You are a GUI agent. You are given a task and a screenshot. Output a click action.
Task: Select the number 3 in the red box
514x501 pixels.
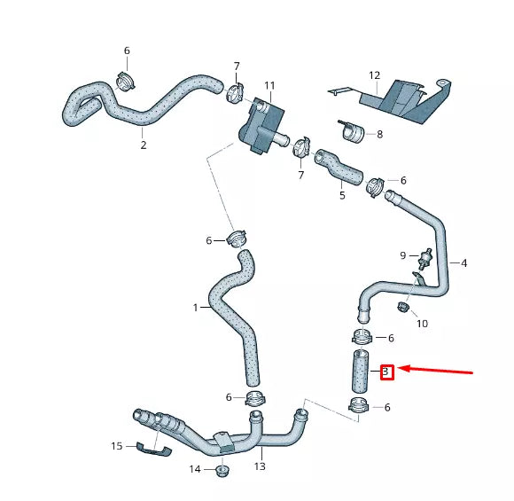386,372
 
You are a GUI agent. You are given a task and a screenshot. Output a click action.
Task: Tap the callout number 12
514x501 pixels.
374,75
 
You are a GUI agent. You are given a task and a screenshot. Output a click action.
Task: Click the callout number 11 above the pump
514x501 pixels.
269,86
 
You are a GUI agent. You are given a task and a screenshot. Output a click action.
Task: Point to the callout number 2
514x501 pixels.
143,145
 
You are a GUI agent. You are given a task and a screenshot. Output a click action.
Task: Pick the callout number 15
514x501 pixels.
117,446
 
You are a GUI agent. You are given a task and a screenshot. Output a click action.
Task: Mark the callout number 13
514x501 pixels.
260,466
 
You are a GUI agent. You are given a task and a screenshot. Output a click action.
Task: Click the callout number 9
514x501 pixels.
402,255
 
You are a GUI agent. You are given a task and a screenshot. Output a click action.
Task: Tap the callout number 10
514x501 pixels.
422,324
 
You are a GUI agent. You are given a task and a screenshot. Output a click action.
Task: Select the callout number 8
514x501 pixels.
379,135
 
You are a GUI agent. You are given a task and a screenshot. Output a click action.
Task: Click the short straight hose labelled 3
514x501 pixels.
358,372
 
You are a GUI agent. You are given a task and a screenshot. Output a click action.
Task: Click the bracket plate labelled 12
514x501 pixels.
403,99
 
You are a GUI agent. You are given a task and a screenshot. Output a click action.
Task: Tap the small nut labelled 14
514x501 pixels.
222,470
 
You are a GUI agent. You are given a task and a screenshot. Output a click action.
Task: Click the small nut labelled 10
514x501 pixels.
402,308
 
